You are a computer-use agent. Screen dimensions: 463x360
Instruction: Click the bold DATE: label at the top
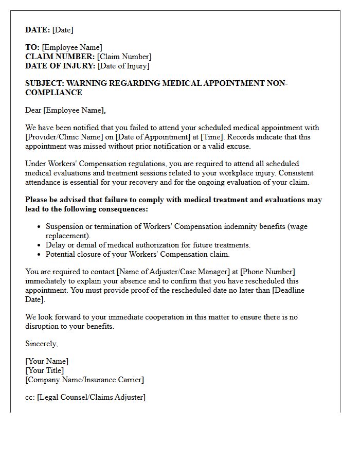(x=38, y=30)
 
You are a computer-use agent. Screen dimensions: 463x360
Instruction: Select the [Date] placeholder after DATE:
(x=63, y=30)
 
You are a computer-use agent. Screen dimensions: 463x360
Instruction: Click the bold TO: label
(x=32, y=48)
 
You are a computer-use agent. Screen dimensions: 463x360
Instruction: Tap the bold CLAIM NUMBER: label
(x=60, y=57)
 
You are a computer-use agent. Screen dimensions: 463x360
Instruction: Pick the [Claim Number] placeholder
(x=124, y=57)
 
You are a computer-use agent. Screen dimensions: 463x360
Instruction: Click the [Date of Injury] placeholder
(x=123, y=66)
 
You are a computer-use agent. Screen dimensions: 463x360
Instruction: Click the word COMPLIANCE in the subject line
(x=53, y=93)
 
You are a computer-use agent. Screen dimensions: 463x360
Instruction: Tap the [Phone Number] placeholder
(x=267, y=272)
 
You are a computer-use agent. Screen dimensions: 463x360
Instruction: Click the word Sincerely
(x=42, y=344)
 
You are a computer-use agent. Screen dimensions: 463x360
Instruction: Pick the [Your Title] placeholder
(x=45, y=370)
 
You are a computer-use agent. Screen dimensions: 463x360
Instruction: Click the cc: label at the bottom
(x=30, y=397)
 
